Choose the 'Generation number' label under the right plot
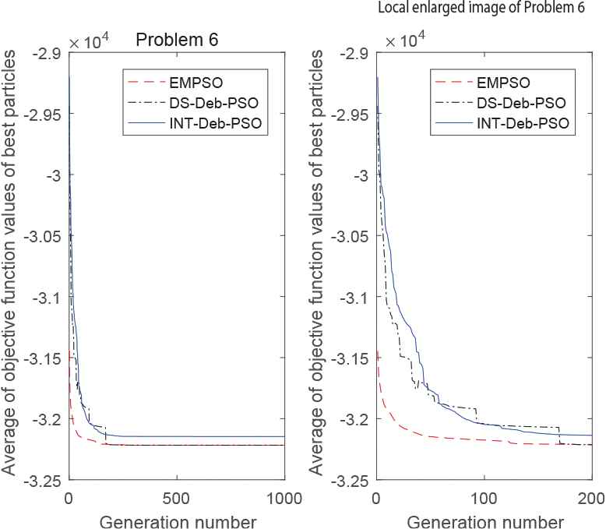(484, 518)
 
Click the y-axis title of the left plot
(11, 266)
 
